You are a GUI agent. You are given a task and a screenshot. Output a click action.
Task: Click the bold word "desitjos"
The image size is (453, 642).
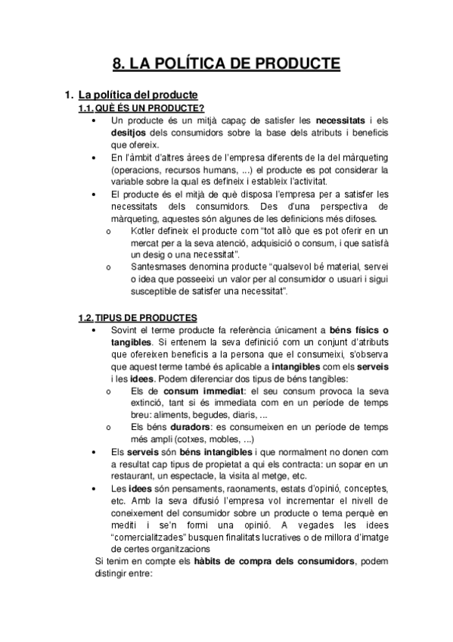click(x=129, y=132)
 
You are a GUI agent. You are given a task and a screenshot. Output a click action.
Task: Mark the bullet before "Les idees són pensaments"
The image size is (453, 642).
click(x=93, y=489)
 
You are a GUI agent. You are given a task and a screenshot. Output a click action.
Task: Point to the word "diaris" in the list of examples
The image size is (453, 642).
click(x=244, y=416)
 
